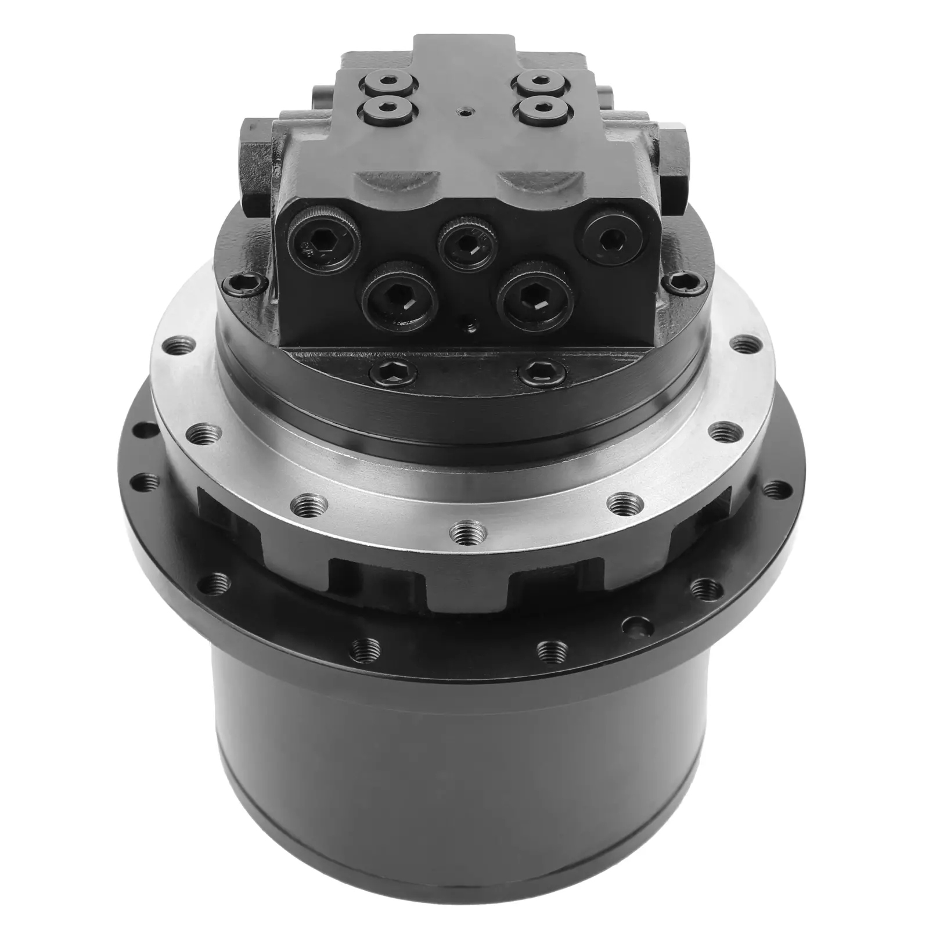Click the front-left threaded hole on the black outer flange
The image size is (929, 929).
(x=370, y=646)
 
